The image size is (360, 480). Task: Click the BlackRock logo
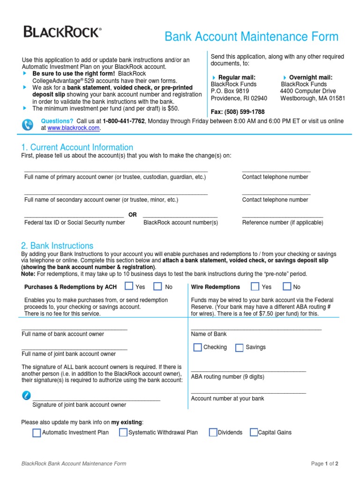[x=62, y=32]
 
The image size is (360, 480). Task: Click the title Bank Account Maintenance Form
[x=251, y=37]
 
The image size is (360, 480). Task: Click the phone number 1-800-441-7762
[x=124, y=121]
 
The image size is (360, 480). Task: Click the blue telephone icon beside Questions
[x=28, y=125]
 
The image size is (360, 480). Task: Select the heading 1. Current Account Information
[x=77, y=147]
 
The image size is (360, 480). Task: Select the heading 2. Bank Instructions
[x=57, y=246]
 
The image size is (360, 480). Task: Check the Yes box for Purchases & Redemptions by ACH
[x=129, y=286]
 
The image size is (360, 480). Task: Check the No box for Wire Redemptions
[x=287, y=286]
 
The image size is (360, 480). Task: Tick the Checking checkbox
[x=197, y=347]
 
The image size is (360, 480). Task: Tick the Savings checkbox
[x=239, y=347]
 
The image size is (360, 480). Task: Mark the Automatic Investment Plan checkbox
[x=37, y=433]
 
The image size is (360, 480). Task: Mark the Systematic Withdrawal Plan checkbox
[x=123, y=433]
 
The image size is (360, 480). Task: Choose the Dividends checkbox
[x=213, y=433]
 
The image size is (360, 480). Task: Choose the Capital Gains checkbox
[x=254, y=433]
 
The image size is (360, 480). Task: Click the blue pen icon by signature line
[x=27, y=395]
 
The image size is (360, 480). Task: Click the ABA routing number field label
[x=227, y=377]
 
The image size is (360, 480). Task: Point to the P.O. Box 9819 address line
[x=230, y=91]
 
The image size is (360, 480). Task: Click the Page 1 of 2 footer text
[x=324, y=464]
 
